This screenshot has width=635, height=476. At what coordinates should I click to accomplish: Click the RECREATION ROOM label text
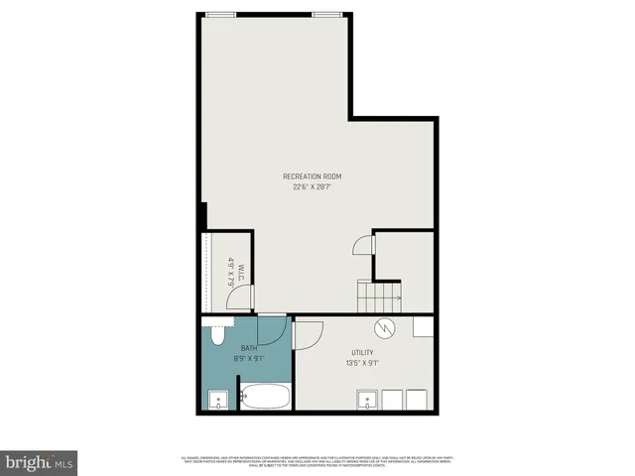pyautogui.click(x=318, y=177)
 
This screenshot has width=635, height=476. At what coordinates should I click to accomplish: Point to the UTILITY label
pyautogui.click(x=362, y=353)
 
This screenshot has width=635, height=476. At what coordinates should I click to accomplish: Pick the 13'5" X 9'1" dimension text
pyautogui.click(x=362, y=363)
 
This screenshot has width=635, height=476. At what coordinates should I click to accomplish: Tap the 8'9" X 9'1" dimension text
pyautogui.click(x=247, y=359)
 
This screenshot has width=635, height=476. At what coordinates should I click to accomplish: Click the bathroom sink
pyautogui.click(x=218, y=401)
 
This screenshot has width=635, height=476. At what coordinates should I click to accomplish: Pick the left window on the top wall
pyautogui.click(x=221, y=14)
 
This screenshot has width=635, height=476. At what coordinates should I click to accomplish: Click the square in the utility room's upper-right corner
pyautogui.click(x=423, y=327)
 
